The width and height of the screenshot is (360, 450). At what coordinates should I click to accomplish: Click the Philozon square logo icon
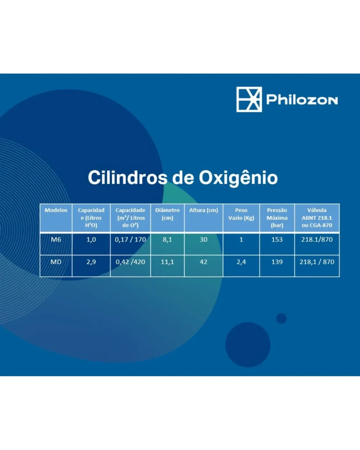pyautogui.click(x=249, y=99)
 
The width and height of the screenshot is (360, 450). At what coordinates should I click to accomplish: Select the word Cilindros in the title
pyautogui.click(x=127, y=177)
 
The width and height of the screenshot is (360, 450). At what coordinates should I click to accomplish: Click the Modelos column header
pyautogui.click(x=56, y=210)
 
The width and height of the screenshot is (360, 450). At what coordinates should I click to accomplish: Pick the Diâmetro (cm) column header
pyautogui.click(x=167, y=214)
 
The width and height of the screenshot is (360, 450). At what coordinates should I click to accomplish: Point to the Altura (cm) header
pyautogui.click(x=203, y=210)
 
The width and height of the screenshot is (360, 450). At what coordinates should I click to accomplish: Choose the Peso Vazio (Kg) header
pyautogui.click(x=241, y=214)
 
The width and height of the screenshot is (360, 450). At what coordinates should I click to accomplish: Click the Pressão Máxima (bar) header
pyautogui.click(x=277, y=218)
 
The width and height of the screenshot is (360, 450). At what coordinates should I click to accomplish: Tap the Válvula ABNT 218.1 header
pyautogui.click(x=317, y=218)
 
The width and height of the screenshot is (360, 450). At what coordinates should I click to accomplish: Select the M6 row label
pyautogui.click(x=56, y=239)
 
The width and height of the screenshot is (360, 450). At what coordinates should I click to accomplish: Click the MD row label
pyautogui.click(x=56, y=262)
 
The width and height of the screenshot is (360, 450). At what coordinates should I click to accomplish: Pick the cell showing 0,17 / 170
pyautogui.click(x=130, y=239)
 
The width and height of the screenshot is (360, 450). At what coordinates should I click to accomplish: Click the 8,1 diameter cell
pyautogui.click(x=167, y=240)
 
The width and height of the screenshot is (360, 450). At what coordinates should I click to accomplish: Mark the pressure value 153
pyautogui.click(x=277, y=239)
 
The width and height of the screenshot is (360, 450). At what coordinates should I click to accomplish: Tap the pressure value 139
pyautogui.click(x=277, y=262)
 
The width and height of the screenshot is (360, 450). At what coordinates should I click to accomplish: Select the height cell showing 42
pyautogui.click(x=203, y=262)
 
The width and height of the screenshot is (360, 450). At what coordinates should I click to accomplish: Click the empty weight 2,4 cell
pyautogui.click(x=241, y=262)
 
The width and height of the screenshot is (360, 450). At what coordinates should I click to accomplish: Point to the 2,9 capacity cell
pyautogui.click(x=91, y=262)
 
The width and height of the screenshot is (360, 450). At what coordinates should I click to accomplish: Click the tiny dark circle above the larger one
pyautogui.click(x=282, y=319)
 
